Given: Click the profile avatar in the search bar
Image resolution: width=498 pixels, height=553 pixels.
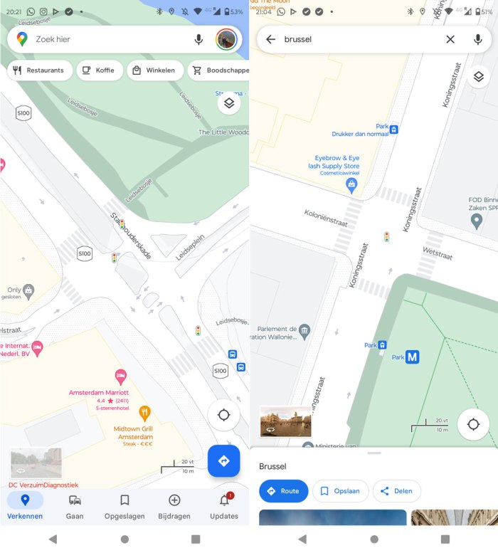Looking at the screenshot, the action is (x=226, y=40).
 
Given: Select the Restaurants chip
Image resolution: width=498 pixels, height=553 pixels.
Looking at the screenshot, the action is (x=39, y=70).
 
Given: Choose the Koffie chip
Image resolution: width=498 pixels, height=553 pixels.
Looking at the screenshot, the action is (x=100, y=70).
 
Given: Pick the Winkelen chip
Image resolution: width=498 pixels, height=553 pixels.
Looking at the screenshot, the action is (x=154, y=70).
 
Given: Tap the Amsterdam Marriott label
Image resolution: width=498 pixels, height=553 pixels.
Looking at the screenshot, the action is (x=99, y=392).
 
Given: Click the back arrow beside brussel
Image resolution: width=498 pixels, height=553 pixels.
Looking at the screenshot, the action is (x=270, y=39).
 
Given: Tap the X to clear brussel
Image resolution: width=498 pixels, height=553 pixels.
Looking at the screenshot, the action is (x=450, y=39).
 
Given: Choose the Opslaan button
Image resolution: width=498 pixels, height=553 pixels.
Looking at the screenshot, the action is (x=339, y=491).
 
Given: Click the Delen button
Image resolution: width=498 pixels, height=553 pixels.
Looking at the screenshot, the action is (x=396, y=491).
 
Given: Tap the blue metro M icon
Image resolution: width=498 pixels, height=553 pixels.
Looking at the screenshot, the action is (x=412, y=357).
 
